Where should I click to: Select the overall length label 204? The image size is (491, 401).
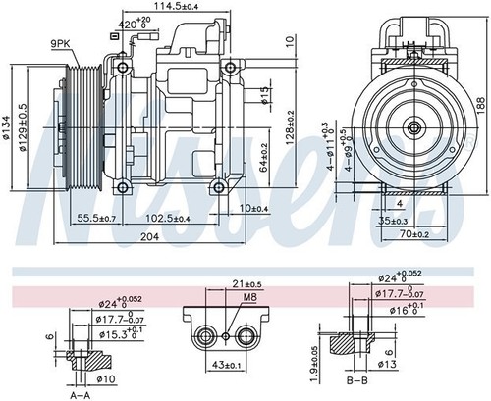(149, 237)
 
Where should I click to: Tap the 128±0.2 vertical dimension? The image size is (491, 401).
(291, 125)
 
